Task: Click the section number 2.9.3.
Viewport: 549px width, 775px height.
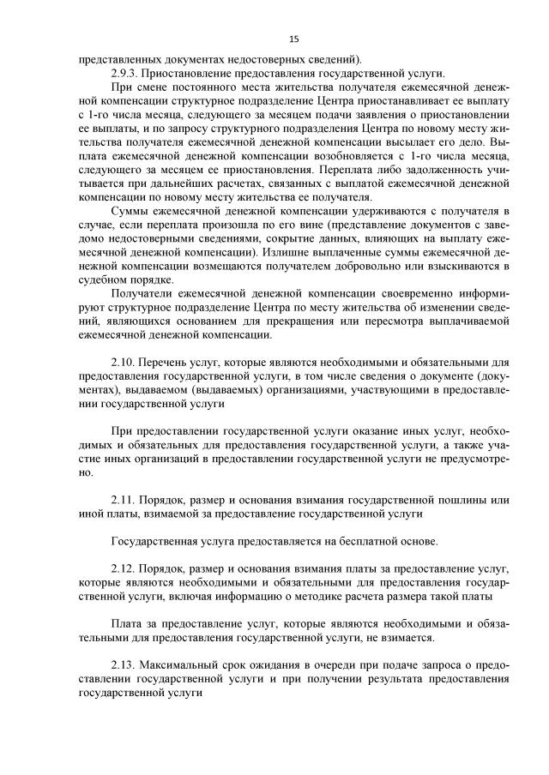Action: (x=127, y=73)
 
